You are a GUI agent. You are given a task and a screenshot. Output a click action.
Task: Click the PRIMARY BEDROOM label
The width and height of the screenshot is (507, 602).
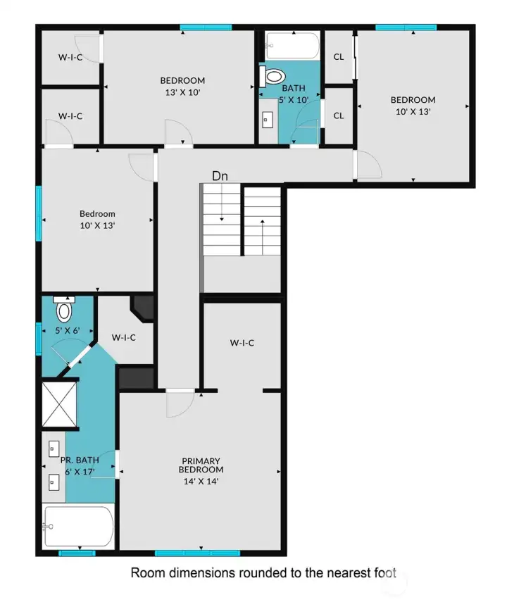[201, 465]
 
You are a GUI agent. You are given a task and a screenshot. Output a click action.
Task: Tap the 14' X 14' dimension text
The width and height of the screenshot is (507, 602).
[201, 482]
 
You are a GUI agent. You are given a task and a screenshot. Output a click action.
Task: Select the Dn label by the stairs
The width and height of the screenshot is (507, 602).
[220, 176]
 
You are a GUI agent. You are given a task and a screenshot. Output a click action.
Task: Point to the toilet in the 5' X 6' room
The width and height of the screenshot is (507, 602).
[64, 309]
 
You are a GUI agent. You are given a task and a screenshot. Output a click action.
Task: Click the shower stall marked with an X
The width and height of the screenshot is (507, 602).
[59, 404]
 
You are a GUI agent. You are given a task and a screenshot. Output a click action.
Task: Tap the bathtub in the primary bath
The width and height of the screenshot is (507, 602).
[79, 526]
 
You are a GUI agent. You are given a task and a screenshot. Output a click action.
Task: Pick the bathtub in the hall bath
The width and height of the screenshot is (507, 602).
[292, 45]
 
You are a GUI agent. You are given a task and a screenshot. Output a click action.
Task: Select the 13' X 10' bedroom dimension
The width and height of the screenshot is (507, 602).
[182, 92]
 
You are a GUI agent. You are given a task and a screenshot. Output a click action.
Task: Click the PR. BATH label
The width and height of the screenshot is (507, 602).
[80, 460]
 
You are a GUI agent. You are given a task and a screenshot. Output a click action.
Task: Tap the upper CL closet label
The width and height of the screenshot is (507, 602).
[339, 57]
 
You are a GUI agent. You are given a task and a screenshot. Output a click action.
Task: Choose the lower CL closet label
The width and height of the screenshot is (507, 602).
[339, 115]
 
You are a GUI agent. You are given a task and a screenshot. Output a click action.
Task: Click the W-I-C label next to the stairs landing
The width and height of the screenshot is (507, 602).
[242, 343]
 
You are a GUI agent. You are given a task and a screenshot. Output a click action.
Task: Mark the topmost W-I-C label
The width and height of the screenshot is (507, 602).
[70, 58]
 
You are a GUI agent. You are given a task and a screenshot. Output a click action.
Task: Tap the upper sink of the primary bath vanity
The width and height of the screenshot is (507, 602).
[54, 449]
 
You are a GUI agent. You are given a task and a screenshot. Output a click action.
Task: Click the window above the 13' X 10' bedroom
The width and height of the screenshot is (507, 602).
[206, 27]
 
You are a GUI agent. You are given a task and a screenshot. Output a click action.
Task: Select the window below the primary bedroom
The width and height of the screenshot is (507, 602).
[197, 553]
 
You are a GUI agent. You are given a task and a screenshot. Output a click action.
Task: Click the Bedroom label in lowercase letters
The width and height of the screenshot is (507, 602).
[97, 214]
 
